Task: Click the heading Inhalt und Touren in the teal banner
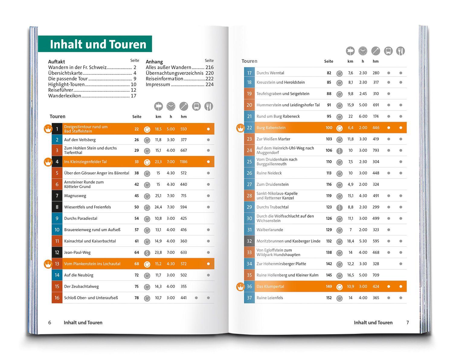click(x=98, y=44)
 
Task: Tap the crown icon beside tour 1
click(x=48, y=129)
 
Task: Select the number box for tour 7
click(x=57, y=196)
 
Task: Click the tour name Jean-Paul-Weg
click(x=77, y=252)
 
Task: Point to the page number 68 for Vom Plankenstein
click(x=137, y=264)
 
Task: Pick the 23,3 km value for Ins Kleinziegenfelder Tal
click(x=158, y=162)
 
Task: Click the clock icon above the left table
click(x=171, y=106)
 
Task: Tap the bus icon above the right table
click(x=388, y=51)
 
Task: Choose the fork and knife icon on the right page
click(x=400, y=51)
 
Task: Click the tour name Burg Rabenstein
click(x=271, y=128)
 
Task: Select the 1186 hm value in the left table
click(x=184, y=162)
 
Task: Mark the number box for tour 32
click(x=249, y=241)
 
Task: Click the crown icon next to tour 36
click(x=240, y=287)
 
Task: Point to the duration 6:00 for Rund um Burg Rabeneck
click(x=363, y=116)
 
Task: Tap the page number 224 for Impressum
click(x=209, y=84)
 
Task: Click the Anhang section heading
click(x=154, y=62)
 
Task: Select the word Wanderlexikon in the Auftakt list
click(x=65, y=96)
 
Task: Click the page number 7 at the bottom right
click(x=407, y=323)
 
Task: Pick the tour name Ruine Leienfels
click(x=270, y=298)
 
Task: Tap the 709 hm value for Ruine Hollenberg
click(x=376, y=275)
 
